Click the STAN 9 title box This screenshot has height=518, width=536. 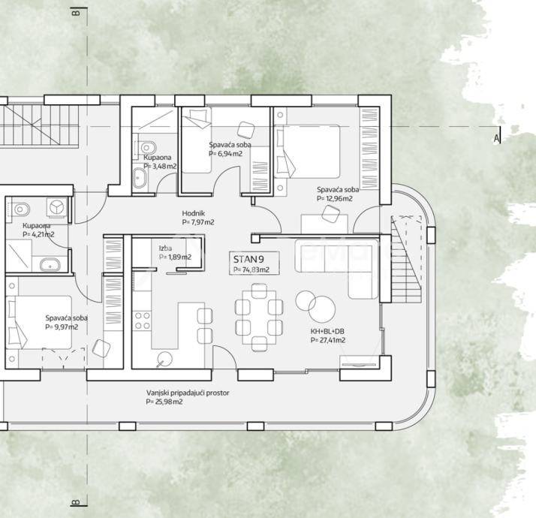254,263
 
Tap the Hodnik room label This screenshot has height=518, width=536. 193,213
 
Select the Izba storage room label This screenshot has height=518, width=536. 165,248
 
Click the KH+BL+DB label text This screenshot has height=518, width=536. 327,331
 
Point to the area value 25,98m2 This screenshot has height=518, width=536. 164,402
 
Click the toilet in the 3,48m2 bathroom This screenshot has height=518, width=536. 148,148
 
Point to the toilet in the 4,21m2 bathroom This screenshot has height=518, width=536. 20,209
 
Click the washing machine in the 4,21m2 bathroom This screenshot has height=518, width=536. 56,207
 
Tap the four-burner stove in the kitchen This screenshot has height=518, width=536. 143,321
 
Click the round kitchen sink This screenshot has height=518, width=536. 164,359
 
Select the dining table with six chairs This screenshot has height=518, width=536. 259,317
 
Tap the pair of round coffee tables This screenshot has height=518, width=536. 316,305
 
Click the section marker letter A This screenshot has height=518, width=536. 496,138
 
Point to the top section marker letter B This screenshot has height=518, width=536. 77,13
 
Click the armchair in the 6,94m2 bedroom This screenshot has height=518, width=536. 246,130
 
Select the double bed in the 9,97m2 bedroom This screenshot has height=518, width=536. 39,322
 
